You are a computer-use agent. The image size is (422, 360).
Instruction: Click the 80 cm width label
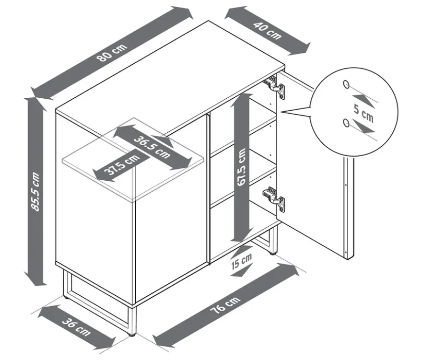click(113, 52)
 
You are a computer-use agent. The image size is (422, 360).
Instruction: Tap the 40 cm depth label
click(267, 31)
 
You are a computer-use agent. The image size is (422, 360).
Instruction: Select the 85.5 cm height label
click(35, 192)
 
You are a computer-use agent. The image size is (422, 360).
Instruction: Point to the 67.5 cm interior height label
click(241, 167)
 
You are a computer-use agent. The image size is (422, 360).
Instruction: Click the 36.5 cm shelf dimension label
click(152, 147)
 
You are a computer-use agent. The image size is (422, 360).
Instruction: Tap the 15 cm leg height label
click(241, 261)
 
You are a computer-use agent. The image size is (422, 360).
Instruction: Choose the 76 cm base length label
click(225, 305)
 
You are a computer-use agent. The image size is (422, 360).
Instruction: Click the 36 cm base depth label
click(76, 326)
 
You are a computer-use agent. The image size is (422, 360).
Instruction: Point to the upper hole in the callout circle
click(346, 84)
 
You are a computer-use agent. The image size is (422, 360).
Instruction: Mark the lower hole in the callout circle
click(346, 123)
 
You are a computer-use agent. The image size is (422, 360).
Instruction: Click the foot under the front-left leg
click(132, 335)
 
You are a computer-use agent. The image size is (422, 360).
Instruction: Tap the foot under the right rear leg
click(274, 253)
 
